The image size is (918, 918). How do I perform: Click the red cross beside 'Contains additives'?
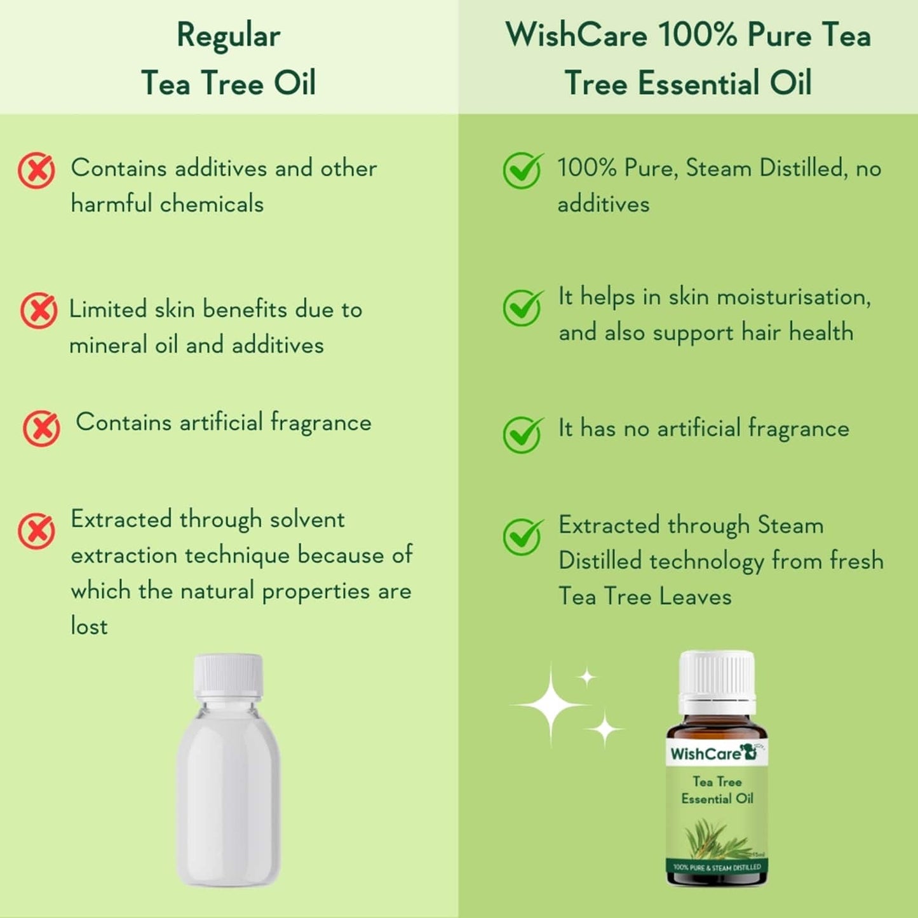pos(36,170)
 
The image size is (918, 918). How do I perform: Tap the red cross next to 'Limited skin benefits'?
pos(39,311)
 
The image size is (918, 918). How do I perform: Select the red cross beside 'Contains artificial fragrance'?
pos(41,428)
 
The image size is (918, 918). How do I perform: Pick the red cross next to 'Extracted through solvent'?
pos(36,531)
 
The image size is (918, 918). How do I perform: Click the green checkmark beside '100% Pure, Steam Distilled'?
pos(523,170)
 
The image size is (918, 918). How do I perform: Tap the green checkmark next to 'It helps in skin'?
pos(523,307)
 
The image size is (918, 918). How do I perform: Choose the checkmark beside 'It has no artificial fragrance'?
pos(523,435)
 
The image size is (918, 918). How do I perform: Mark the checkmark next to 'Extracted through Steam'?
pos(523,536)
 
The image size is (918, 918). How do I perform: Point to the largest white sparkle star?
pos(551,704)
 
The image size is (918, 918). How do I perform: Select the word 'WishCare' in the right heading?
pos(576,35)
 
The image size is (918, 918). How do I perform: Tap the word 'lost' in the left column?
pos(89,626)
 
